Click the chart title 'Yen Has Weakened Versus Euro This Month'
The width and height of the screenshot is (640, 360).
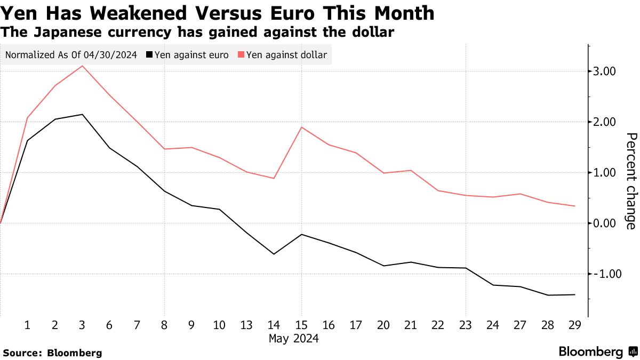pyautogui.click(x=217, y=13)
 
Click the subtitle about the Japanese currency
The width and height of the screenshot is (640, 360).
pyautogui.click(x=197, y=33)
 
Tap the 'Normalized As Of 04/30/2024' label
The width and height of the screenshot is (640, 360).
pyautogui.click(x=71, y=54)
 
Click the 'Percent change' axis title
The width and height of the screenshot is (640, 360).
pyautogui.click(x=630, y=181)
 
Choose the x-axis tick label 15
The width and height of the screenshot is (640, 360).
pyautogui.click(x=301, y=325)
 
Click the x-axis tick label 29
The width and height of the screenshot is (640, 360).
pyautogui.click(x=575, y=325)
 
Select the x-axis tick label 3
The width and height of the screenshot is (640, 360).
pyautogui.click(x=82, y=325)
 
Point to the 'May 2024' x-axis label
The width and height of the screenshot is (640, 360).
pyautogui.click(x=293, y=339)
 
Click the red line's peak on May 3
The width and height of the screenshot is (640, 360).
pyautogui.click(x=82, y=66)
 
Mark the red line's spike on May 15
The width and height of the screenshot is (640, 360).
pyautogui.click(x=301, y=127)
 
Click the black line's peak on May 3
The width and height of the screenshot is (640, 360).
pyautogui.click(x=82, y=114)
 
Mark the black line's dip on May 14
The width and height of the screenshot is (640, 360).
pyautogui.click(x=274, y=254)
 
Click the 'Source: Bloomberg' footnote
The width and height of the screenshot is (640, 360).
pyautogui.click(x=52, y=353)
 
